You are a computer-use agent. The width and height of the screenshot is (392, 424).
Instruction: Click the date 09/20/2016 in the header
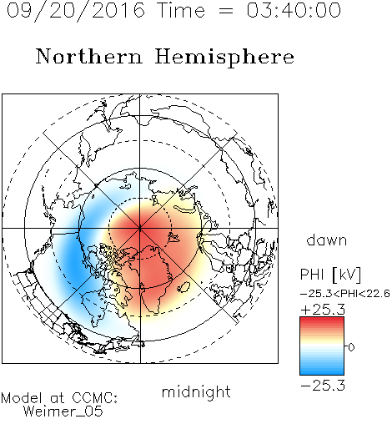(76, 11)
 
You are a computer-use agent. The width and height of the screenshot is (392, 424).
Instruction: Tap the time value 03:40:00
(294, 10)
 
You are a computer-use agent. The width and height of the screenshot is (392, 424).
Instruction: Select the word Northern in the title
(89, 56)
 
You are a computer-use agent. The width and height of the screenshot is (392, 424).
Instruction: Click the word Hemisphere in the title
(224, 58)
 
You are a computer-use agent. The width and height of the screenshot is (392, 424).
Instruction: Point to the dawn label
(327, 240)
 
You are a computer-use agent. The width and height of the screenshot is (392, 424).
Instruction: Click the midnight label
(196, 391)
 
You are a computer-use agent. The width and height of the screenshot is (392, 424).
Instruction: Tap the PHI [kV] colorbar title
(330, 275)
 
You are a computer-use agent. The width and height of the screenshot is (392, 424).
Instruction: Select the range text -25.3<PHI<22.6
(345, 294)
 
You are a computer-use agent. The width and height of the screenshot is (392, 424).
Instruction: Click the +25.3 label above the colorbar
(323, 310)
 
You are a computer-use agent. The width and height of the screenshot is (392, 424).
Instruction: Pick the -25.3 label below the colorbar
(323, 386)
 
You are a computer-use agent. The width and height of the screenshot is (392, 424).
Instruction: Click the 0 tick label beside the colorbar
(351, 347)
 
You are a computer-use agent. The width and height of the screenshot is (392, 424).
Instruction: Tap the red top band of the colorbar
(322, 321)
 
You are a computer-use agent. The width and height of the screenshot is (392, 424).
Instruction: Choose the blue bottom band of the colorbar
(322, 371)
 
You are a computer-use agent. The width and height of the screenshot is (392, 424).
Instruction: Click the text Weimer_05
(63, 411)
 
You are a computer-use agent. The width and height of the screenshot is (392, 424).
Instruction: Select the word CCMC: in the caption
(95, 398)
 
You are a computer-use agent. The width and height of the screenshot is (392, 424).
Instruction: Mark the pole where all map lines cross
(140, 228)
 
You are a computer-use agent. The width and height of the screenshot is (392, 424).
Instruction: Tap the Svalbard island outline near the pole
(173, 237)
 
